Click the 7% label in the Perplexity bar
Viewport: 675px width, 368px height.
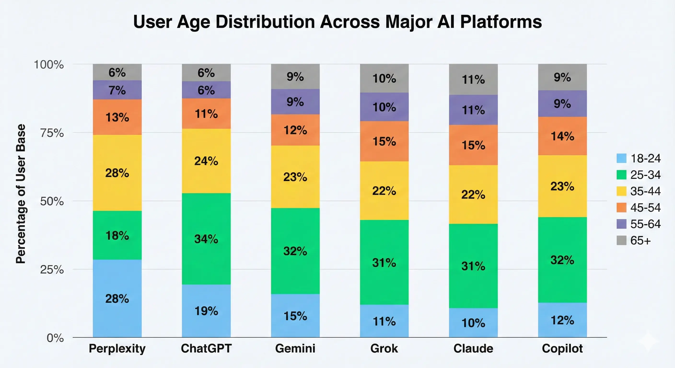[117, 90]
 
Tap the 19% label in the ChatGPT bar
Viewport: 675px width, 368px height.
[206, 311]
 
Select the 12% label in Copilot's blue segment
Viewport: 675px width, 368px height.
[562, 320]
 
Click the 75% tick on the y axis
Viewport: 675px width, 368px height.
[52, 133]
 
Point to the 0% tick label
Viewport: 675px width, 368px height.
[55, 338]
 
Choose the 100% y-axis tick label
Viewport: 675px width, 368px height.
[49, 64]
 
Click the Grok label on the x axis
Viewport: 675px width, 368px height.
[384, 349]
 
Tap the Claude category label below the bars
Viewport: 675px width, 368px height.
[473, 349]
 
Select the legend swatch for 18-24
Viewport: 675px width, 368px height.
[621, 158]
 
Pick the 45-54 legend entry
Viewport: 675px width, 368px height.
[645, 207]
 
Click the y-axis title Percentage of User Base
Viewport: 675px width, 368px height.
[21, 194]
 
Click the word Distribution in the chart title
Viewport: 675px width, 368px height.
[265, 22]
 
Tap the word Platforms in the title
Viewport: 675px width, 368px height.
[501, 22]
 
